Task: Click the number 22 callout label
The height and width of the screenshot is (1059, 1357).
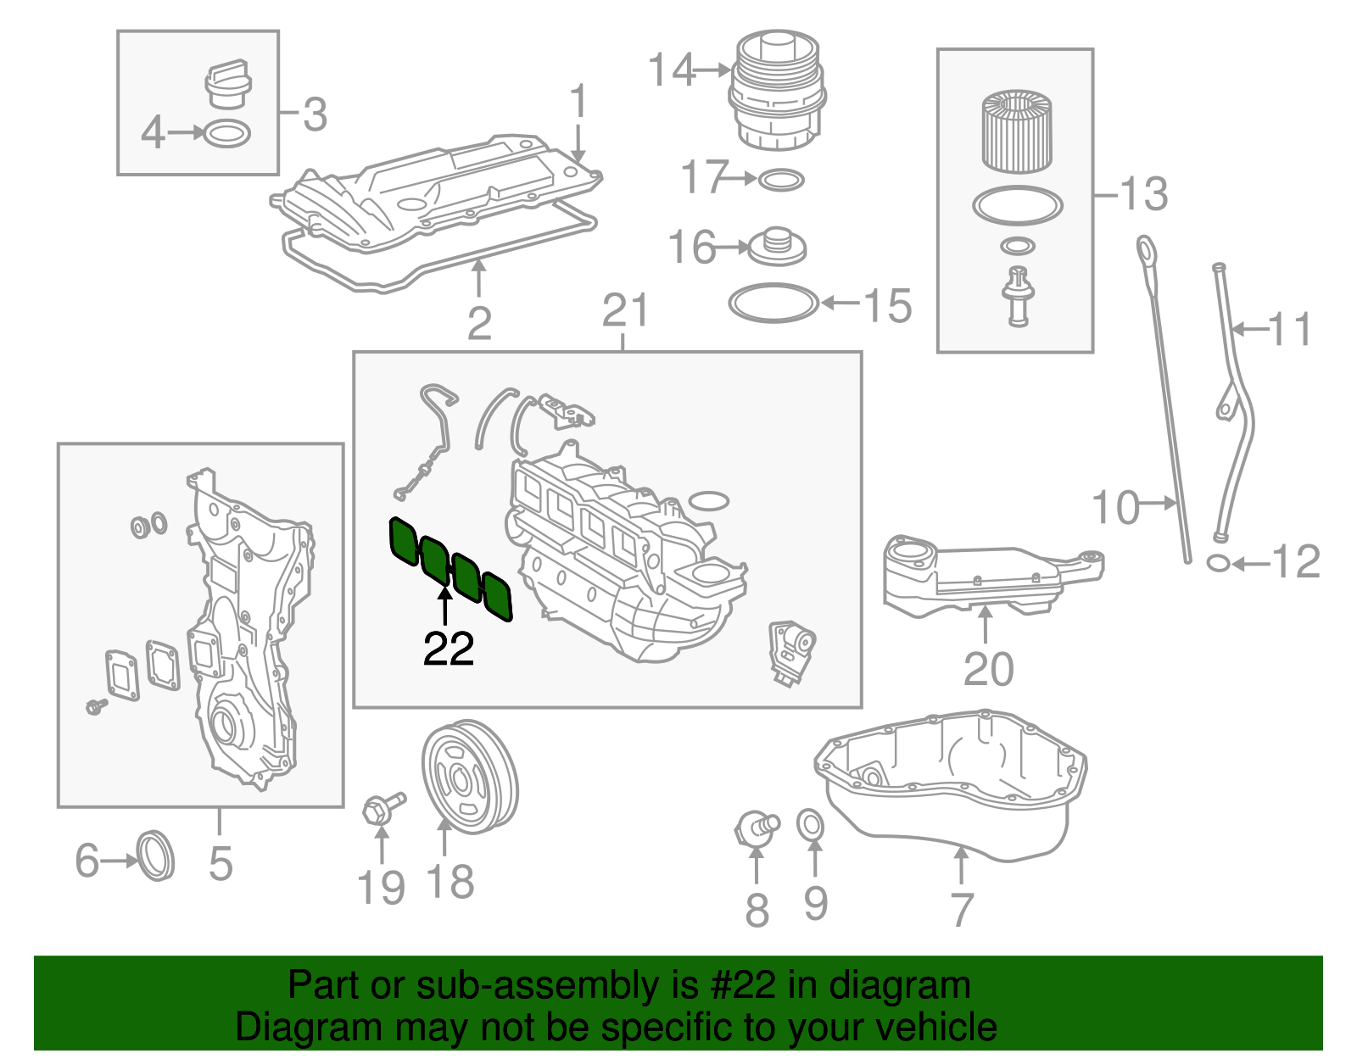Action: (449, 649)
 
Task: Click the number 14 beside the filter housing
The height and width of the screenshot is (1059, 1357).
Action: (672, 70)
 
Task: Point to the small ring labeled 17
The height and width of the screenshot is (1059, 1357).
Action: (780, 180)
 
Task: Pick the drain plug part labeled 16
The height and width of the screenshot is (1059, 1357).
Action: (776, 245)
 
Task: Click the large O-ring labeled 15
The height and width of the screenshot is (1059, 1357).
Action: (773, 303)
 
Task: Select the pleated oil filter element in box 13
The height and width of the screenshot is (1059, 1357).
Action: (1017, 132)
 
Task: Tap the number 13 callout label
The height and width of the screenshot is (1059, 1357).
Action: (1143, 194)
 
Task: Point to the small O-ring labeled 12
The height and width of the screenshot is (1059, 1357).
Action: (1218, 562)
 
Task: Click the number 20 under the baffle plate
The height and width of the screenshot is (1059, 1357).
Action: (988, 670)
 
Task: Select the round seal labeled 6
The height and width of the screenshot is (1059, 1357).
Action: (155, 856)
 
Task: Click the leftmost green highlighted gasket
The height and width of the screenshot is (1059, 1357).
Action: (404, 542)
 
